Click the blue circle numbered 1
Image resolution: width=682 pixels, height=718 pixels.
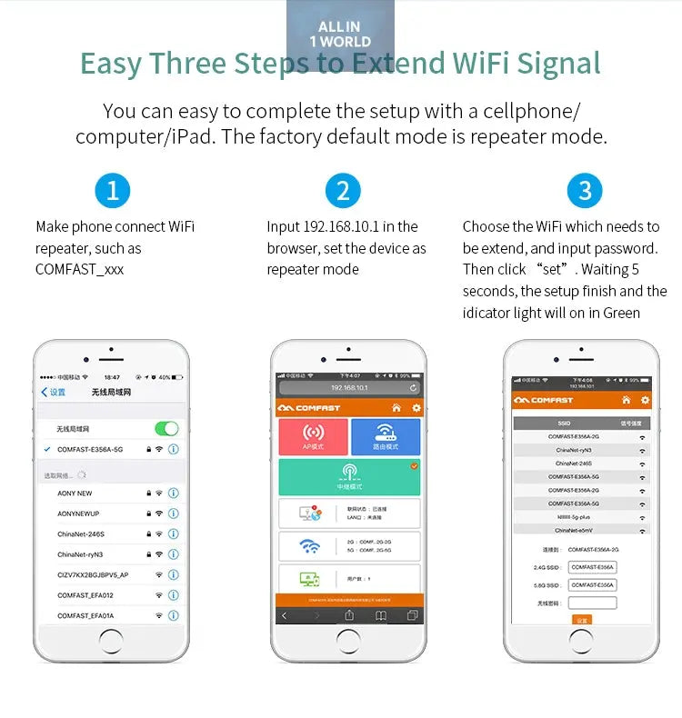113,191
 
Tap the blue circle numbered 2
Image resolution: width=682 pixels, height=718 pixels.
343,191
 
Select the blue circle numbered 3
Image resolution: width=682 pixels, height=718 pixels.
585,191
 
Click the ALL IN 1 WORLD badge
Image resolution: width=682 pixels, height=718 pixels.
340,35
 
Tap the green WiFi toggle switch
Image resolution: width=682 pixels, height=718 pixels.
166,428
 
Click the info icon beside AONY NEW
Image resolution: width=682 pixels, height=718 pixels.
173,494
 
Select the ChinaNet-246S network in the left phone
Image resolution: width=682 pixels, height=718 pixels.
81,534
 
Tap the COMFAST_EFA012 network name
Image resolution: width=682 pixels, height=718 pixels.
85,595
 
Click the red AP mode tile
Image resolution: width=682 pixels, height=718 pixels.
313,437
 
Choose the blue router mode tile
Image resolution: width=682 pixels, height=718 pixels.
386,437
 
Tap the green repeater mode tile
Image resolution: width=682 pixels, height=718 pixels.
349,476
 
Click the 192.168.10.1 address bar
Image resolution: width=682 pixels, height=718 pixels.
349,388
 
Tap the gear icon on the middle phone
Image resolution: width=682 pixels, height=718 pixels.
416,408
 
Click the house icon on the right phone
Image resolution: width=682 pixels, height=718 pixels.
626,400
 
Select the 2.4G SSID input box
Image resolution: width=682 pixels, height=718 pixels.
592,567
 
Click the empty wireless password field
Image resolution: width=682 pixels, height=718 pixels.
592,603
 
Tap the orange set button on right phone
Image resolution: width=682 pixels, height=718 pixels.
582,620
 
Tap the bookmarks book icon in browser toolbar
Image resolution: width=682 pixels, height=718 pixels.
381,615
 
